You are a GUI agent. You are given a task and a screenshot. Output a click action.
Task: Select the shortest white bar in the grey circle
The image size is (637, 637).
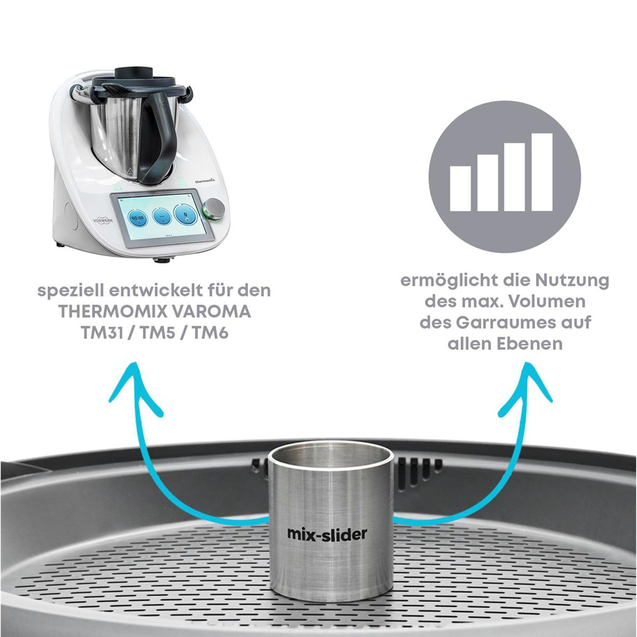[460, 188]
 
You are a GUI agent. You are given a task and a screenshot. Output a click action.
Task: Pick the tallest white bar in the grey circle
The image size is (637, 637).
[542, 172]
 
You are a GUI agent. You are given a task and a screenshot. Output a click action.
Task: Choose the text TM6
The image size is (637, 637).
[211, 334]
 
